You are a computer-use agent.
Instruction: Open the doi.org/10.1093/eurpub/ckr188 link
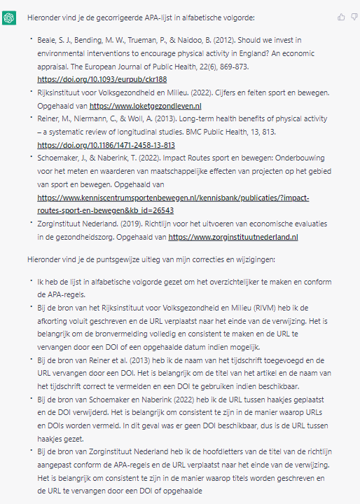[102, 79]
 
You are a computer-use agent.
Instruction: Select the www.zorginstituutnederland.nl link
[234, 237]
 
